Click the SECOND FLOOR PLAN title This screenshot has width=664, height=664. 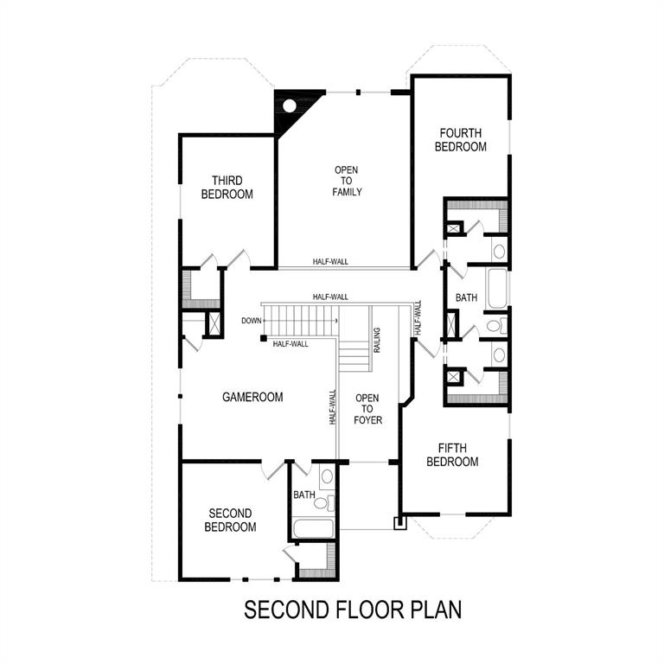(353, 610)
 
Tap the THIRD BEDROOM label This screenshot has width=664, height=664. (227, 188)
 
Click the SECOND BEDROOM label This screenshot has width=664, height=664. (231, 520)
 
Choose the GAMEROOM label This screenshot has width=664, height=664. (252, 398)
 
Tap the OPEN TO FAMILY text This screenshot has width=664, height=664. (347, 181)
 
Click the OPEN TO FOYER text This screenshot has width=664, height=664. (367, 409)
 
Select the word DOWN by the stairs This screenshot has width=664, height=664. (252, 321)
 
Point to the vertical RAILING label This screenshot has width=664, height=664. (377, 341)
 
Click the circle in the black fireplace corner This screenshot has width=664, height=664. (291, 106)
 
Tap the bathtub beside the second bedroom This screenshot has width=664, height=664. (310, 527)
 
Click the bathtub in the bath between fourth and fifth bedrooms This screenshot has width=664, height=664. (497, 289)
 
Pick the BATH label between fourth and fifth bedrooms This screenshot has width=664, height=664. (467, 298)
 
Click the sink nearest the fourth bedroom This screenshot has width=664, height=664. (499, 252)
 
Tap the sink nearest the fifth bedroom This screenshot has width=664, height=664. (499, 355)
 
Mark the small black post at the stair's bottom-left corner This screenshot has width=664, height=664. (263, 338)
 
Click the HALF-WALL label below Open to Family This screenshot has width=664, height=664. (331, 261)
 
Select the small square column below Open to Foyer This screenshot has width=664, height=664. (399, 523)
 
